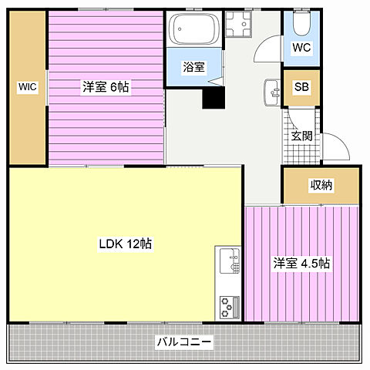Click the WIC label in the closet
(x=28, y=88)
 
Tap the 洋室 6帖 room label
(x=106, y=88)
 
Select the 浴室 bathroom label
(x=193, y=68)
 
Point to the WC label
(x=301, y=47)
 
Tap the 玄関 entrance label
(x=301, y=136)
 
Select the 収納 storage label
(x=322, y=185)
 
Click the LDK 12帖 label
(x=125, y=244)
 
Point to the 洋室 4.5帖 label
(x=301, y=264)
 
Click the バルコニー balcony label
(x=185, y=341)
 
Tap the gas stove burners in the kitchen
(x=228, y=306)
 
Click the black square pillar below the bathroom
(x=213, y=99)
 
